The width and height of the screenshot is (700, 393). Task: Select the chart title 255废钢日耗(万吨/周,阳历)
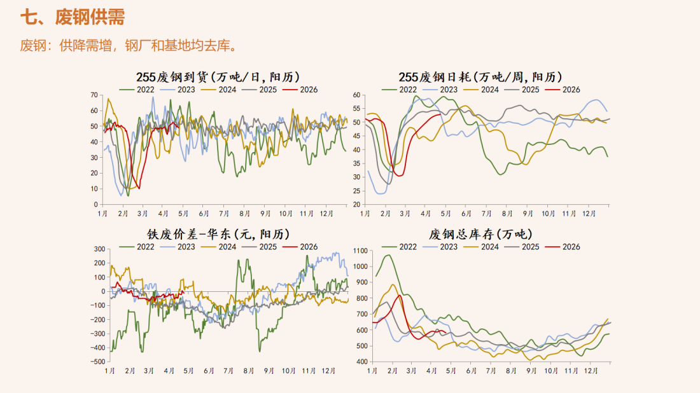tap(480, 77)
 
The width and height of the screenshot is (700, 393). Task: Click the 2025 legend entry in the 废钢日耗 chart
tap(530, 90)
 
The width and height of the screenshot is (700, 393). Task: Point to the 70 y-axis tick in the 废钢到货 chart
tap(94, 95)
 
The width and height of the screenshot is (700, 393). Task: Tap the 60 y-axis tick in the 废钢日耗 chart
tap(356, 95)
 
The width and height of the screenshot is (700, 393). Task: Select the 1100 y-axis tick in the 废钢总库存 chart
tap(359, 251)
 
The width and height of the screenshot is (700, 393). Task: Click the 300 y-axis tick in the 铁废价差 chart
tap(99, 249)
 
